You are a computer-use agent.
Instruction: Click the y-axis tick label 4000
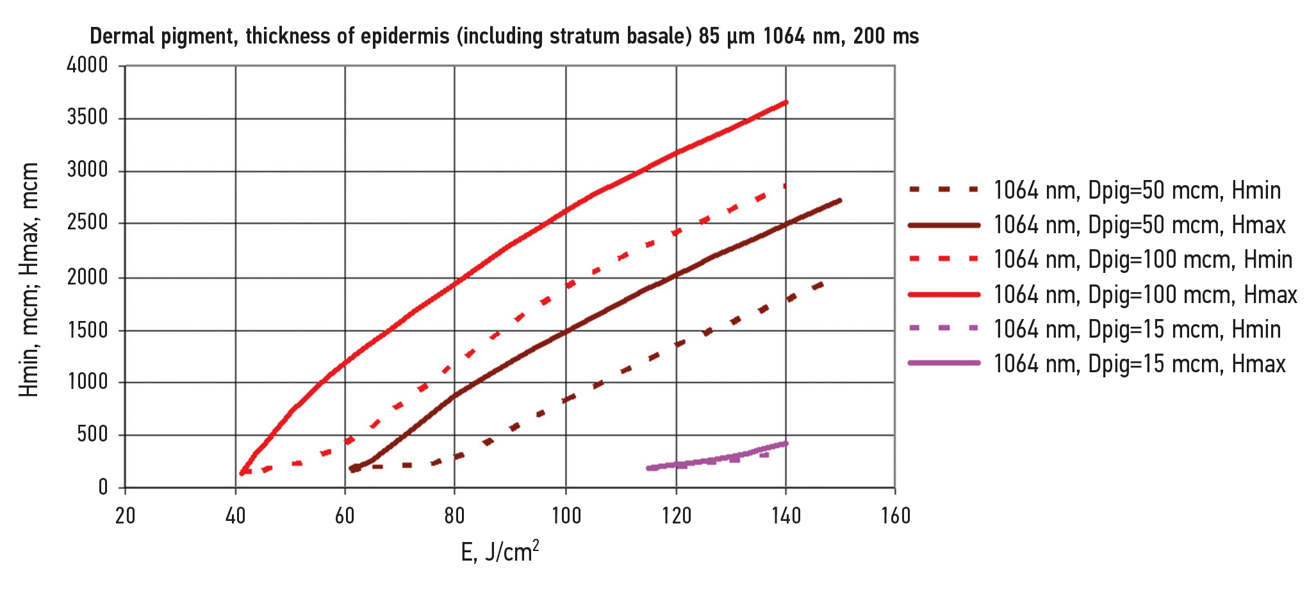87,65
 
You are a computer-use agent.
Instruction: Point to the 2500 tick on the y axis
87,224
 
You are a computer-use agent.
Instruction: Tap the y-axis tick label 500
93,435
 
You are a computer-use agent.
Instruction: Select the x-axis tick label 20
125,516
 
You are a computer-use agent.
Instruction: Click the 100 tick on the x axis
566,516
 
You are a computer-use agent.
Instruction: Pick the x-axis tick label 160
895,516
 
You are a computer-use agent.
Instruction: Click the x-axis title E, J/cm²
500,551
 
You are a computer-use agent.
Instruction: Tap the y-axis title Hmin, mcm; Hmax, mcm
29,280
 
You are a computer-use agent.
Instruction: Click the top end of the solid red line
786,102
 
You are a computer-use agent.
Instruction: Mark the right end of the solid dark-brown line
839,201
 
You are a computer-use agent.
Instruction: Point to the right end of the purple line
786,443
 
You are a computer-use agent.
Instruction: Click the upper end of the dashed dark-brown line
823,283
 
